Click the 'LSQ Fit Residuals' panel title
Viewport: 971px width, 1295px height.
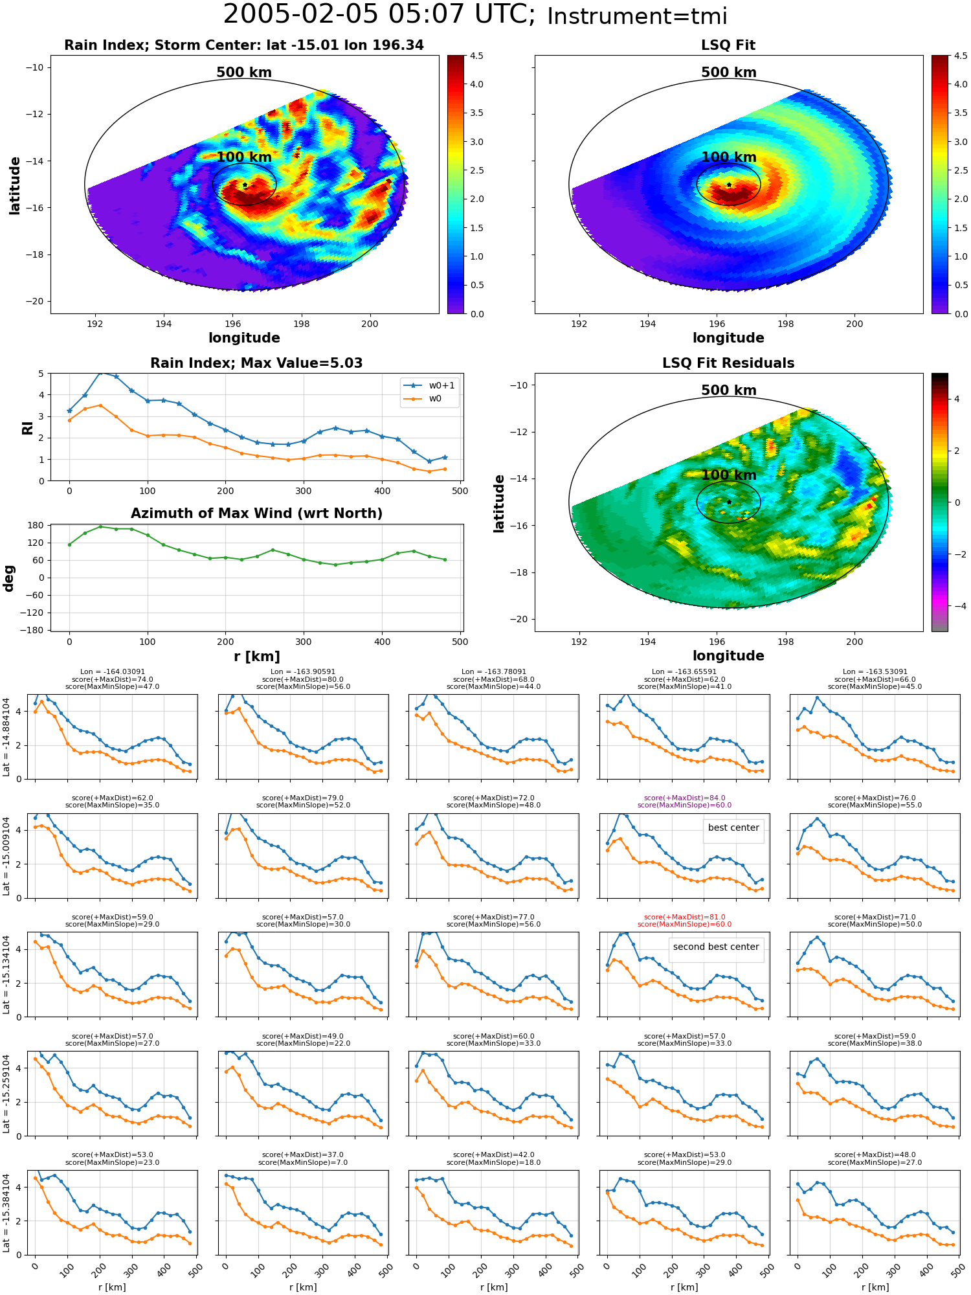[x=728, y=363]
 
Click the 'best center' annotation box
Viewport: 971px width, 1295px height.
[x=733, y=828]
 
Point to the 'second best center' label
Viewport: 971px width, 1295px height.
[x=716, y=947]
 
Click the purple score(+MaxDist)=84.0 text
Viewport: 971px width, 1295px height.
[x=684, y=798]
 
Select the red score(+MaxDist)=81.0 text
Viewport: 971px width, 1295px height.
[x=684, y=917]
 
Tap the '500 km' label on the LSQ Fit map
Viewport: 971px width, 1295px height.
[x=728, y=73]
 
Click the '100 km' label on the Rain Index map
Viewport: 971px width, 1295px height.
[x=244, y=157]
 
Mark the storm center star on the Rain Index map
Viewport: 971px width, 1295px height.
[x=245, y=185]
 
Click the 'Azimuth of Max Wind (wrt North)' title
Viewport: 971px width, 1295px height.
[x=256, y=513]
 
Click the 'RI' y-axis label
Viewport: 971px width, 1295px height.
[x=28, y=427]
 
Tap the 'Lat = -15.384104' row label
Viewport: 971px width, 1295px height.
[x=6, y=1213]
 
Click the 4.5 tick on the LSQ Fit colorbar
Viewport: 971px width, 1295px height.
[x=961, y=56]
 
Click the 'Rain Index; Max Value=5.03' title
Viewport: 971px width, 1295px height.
[x=256, y=363]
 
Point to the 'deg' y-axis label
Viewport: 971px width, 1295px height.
[x=9, y=578]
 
